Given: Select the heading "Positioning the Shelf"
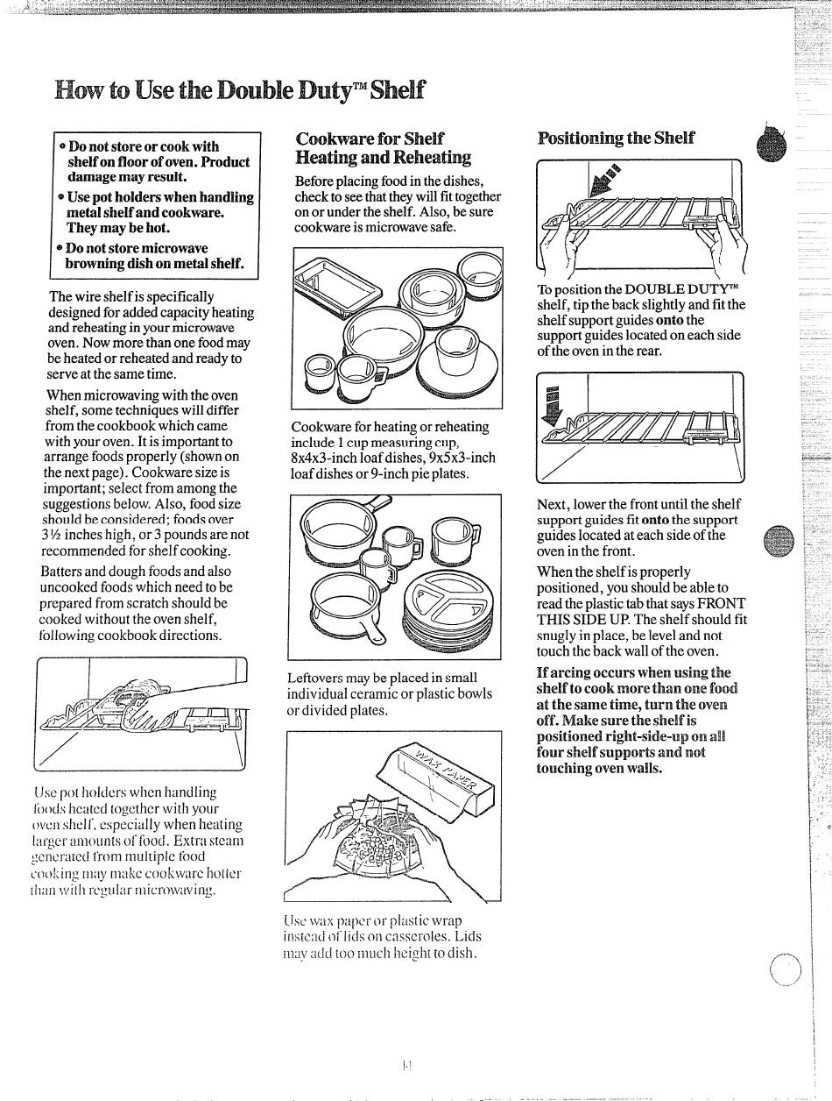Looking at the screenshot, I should (616, 138).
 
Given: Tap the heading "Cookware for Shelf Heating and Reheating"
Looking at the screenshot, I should (383, 148).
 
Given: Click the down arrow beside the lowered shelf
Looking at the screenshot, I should (551, 404).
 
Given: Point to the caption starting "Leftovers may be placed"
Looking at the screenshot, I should (390, 693).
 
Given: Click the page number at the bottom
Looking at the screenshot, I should (406, 1065).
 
